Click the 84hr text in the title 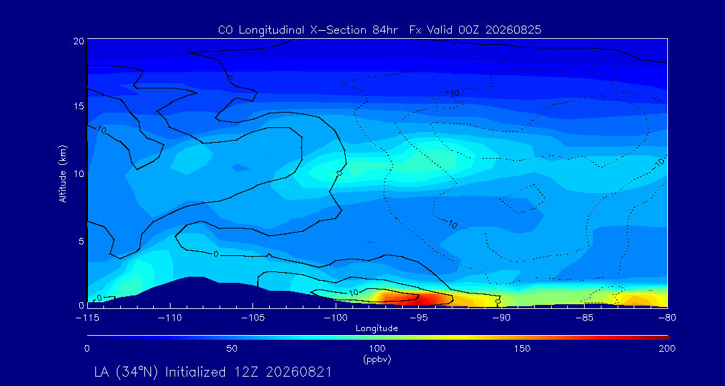(x=386, y=30)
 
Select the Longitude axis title (x=377, y=328)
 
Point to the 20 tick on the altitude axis (x=78, y=41)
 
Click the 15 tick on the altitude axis (x=78, y=106)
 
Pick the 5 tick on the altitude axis (x=81, y=241)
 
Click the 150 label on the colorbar (x=522, y=348)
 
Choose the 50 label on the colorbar (x=232, y=348)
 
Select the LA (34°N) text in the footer (x=126, y=372)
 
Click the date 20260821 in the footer (x=301, y=372)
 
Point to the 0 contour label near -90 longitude (x=498, y=301)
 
